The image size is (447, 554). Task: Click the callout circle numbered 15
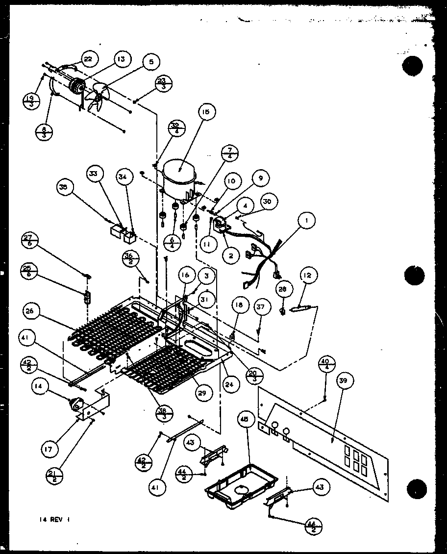click(205, 112)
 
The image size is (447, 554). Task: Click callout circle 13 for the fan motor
click(120, 59)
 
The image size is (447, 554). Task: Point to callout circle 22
click(89, 59)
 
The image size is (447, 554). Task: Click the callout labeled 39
click(346, 381)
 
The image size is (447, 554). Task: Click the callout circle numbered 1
click(306, 222)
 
